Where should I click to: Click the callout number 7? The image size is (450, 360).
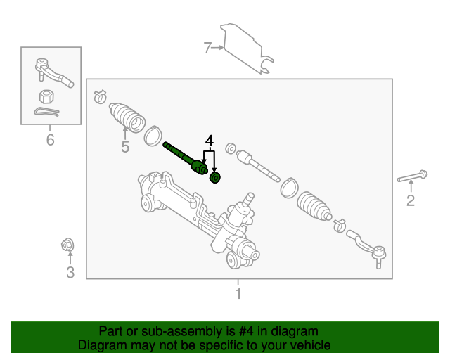pos(207,48)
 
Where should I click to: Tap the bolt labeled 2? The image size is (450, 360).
pos(412,177)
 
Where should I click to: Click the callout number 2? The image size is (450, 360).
pos(411,202)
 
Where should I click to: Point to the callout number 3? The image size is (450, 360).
pos(70,272)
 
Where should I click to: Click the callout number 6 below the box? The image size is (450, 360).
pos(50,141)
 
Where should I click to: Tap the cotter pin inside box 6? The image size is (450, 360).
pos(46,112)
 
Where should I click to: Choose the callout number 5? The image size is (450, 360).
pos(125,147)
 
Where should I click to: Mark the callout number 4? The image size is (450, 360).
pos(209,141)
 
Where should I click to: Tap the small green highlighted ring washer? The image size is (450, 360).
pos(216,177)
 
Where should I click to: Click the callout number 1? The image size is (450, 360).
pos(238,293)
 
